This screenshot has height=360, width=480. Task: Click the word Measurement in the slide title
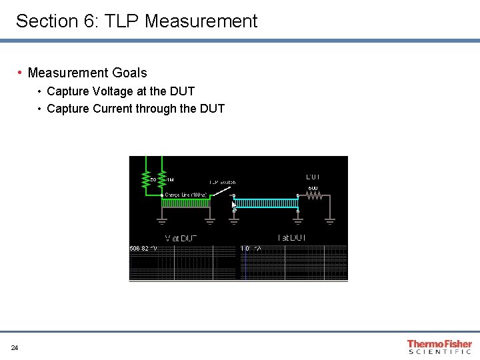tap(201, 21)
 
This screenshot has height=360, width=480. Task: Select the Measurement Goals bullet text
tap(87, 73)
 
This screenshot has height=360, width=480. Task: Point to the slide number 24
tap(15, 348)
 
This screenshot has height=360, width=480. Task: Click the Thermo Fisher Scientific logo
tap(439, 347)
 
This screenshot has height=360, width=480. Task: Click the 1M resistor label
tap(170, 180)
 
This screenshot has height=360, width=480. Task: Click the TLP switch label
tap(223, 182)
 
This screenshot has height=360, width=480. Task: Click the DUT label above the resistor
tap(313, 177)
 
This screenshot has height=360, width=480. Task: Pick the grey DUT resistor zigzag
tap(314, 196)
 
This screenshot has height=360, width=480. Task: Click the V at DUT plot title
tap(181, 238)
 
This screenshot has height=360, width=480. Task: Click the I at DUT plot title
tap(292, 238)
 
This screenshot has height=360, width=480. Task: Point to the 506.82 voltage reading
tap(143, 249)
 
